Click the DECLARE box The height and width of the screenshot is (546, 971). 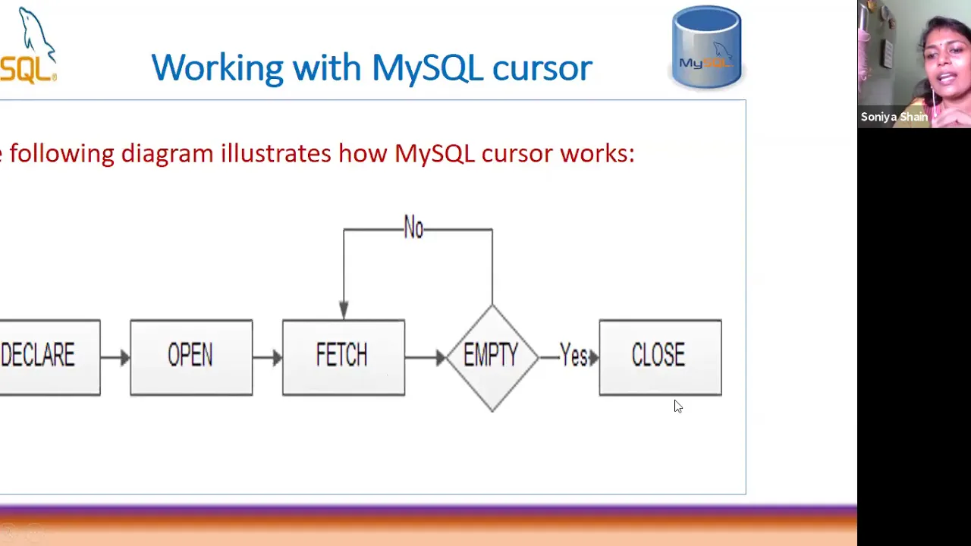pos(50,357)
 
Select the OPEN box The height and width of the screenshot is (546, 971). pos(191,357)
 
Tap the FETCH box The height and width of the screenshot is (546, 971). pos(344,357)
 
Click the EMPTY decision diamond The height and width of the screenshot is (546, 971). pos(492,358)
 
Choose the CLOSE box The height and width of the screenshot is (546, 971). pos(660,357)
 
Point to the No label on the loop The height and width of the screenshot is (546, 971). pos(413,227)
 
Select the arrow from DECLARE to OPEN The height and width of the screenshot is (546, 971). pos(115,357)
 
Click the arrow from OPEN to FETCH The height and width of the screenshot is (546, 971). pos(268,357)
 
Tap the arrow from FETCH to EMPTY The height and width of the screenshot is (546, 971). pos(426,357)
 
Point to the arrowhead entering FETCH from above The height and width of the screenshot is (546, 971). pos(344,311)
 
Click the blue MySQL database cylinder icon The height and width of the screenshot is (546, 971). pos(706,47)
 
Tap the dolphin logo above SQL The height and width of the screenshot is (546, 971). pos(37,34)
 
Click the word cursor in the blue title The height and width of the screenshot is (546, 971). pos(542,68)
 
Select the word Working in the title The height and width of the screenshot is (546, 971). pos(217,68)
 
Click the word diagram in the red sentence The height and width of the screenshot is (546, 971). pos(167,154)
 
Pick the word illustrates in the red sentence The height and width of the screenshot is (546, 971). pos(275,153)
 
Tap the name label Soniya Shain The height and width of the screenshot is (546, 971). pos(894,117)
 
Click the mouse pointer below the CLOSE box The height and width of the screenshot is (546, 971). pos(678,406)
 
